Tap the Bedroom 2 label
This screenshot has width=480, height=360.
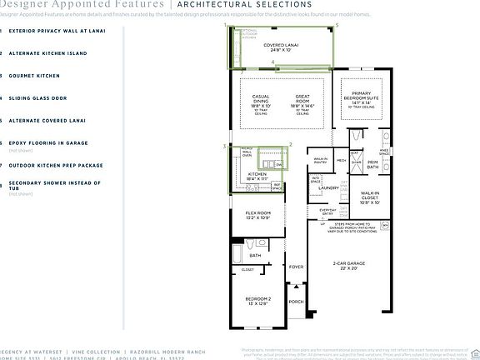258,302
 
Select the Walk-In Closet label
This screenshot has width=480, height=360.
368,198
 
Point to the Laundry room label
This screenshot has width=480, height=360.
327,188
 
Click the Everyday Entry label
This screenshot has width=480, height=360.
327,212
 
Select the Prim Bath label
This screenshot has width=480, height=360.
372,165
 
